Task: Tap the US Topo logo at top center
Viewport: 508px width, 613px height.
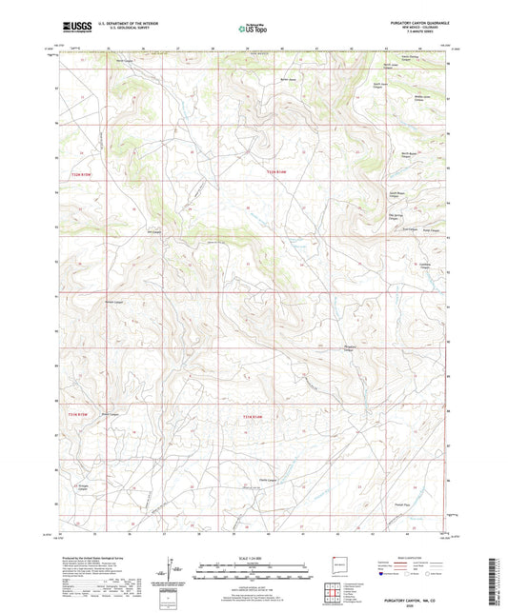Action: coord(253,30)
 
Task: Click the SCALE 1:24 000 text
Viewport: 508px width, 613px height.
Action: coord(254,558)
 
